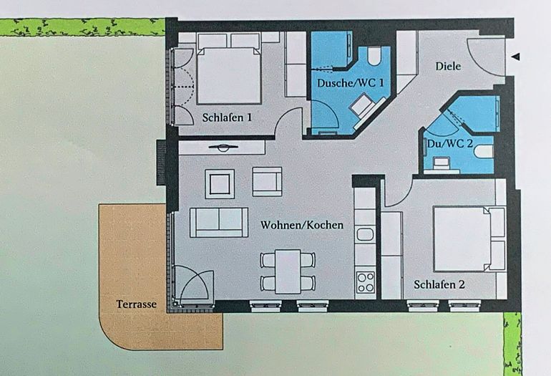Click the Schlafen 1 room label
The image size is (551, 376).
pos(226,118)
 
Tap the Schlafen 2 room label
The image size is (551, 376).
pos(439,284)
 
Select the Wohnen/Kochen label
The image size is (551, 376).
pos(301,225)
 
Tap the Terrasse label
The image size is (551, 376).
pos(136,304)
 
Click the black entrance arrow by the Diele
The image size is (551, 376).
pos(516,57)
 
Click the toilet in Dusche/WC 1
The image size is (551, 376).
pos(374,57)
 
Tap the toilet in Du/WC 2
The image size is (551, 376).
pos(483,151)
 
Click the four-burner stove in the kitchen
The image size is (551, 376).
pos(365,282)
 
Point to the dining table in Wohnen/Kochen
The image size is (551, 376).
pos(288,270)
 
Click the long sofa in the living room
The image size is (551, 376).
pos(219,222)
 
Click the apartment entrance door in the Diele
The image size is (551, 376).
pos(484,54)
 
